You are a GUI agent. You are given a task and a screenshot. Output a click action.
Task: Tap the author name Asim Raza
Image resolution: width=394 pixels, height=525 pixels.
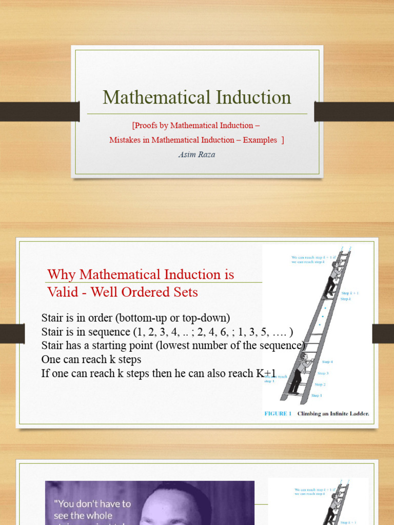coord(198,154)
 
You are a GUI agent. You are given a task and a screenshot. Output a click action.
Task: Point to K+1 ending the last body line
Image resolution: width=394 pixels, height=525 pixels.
coord(266,373)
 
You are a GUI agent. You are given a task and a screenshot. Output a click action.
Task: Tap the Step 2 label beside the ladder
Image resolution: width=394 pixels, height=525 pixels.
coord(320,384)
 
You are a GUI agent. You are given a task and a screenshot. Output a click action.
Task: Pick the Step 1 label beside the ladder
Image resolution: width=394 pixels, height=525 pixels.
coord(317,395)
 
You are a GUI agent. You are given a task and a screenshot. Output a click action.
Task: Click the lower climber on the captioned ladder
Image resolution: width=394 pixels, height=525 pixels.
coord(299,373)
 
